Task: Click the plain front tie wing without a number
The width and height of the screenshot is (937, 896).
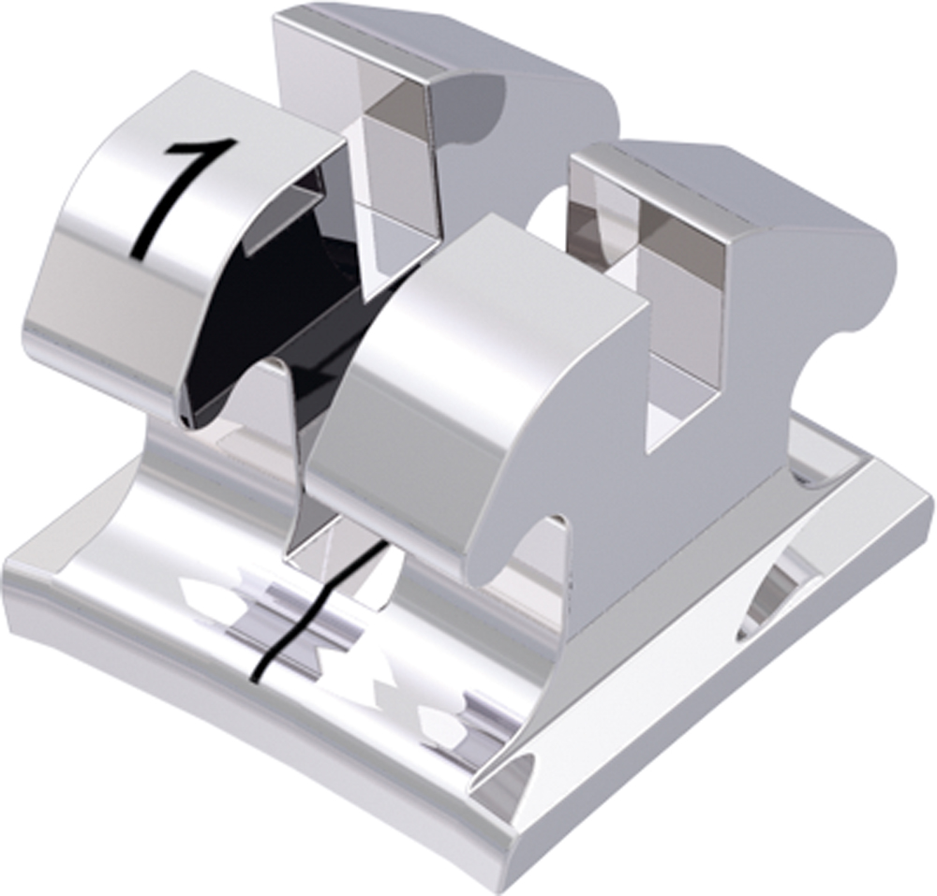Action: [468, 375]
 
